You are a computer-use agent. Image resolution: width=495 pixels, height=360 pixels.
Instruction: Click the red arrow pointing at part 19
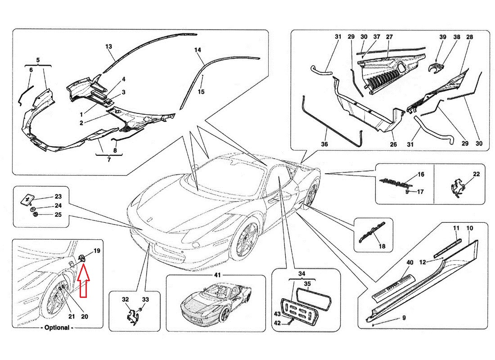pos(84,281)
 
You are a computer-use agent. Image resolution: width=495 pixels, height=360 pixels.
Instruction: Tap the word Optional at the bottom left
pos(58,328)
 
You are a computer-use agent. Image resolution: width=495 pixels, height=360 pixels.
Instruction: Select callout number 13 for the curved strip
pos(108,46)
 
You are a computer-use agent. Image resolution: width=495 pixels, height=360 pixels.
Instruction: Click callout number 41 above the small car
pos(217,275)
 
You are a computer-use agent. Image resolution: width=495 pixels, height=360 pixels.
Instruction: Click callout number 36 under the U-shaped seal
pos(324,144)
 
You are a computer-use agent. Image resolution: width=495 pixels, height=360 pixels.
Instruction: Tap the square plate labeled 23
pos(28,198)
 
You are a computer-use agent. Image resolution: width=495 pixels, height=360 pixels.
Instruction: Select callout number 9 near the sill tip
pos(404,318)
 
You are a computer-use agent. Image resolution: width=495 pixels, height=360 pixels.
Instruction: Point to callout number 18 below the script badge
pos(382,247)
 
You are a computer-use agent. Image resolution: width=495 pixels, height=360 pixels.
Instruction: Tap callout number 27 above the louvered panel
pos(389,37)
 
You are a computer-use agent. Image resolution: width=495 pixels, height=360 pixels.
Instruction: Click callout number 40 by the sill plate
pos(409,262)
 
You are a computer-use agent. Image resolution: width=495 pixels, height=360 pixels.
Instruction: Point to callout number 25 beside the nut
pos(58,215)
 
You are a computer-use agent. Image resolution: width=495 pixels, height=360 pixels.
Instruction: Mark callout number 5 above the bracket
pos(38,60)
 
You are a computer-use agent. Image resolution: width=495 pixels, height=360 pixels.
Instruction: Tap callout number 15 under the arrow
pos(201,92)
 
